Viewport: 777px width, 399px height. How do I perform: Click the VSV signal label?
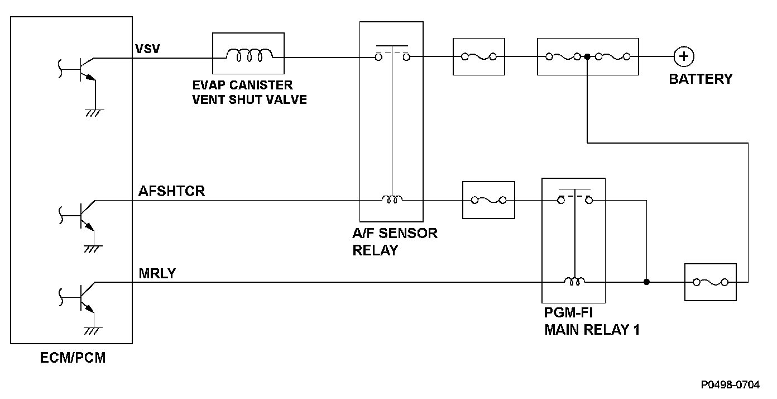pyautogui.click(x=148, y=49)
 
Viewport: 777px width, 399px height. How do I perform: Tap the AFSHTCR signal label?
pyautogui.click(x=172, y=191)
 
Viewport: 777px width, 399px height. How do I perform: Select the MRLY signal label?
pyautogui.click(x=157, y=274)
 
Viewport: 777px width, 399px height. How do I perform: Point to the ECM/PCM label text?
pyautogui.click(x=73, y=358)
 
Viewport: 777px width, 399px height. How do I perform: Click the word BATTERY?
pyautogui.click(x=701, y=79)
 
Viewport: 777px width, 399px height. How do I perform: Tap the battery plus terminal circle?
pyautogui.click(x=684, y=56)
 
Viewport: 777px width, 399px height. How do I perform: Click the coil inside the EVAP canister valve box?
pyautogui.click(x=250, y=55)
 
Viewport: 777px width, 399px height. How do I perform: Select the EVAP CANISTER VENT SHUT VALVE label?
pyautogui.click(x=250, y=92)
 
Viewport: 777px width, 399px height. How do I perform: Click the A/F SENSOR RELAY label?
pyautogui.click(x=395, y=242)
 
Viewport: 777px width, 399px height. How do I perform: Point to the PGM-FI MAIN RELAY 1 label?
pyautogui.click(x=592, y=321)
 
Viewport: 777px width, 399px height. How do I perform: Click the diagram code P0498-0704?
pyautogui.click(x=730, y=385)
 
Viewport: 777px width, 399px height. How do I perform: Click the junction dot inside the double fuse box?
pyautogui.click(x=587, y=56)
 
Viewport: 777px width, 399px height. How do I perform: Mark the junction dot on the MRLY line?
pyautogui.click(x=646, y=282)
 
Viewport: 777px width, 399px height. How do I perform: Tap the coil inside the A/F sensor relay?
pyautogui.click(x=392, y=199)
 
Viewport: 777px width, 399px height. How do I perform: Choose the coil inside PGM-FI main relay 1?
pyautogui.click(x=574, y=281)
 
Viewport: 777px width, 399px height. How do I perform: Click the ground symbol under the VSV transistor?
pyautogui.click(x=94, y=113)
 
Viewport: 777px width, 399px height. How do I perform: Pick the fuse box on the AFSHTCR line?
pyautogui.click(x=488, y=200)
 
